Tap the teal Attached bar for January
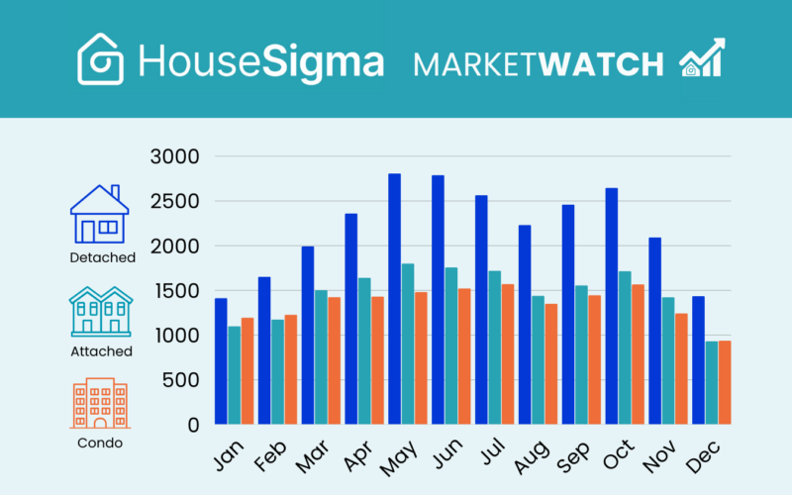point(235,375)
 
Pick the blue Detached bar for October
point(611,306)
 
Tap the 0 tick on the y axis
point(194,426)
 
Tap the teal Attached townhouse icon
point(101,310)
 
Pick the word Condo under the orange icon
point(100,443)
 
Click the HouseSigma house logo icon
point(101,58)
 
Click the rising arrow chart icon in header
point(701,58)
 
